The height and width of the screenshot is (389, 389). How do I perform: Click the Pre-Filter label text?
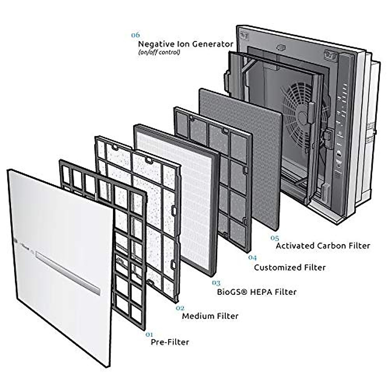[170, 342]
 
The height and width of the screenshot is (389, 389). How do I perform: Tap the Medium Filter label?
[210, 316]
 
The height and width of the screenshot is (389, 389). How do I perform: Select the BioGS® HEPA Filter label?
[256, 292]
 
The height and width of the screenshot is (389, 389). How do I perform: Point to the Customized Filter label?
[289, 267]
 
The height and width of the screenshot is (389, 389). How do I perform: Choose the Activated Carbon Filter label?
[323, 246]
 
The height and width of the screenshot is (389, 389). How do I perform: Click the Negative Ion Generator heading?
[185, 44]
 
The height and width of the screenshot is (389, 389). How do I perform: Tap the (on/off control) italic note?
[159, 52]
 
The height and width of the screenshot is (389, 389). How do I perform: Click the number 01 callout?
[149, 334]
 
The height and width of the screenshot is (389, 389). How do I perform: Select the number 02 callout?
[180, 308]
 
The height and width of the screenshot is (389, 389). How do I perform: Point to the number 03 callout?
[216, 283]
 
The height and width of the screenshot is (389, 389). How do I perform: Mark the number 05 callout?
[275, 238]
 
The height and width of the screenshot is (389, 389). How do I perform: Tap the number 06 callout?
[135, 35]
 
